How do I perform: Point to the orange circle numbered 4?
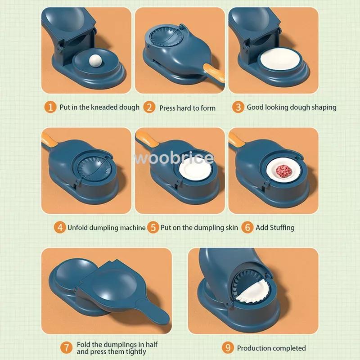point(60,227)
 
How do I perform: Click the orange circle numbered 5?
point(153,227)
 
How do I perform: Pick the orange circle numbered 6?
point(247,227)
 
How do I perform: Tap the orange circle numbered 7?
point(66,347)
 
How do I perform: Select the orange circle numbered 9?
point(228,347)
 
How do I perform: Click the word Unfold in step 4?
point(78,228)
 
